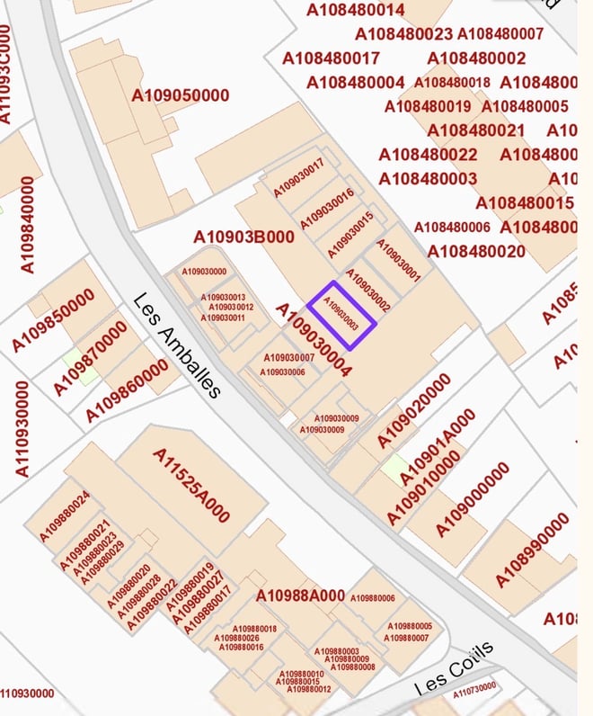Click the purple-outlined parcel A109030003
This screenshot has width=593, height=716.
(x=341, y=315)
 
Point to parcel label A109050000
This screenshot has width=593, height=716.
(x=181, y=95)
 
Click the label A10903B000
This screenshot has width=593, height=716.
(x=243, y=237)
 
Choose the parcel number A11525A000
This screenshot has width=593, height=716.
(x=191, y=486)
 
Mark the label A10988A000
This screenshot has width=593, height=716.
(x=300, y=595)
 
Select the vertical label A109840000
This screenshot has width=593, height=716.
(x=27, y=224)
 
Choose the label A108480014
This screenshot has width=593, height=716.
(x=356, y=11)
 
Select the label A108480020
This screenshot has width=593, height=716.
(x=476, y=251)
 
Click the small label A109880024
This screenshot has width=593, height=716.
(x=65, y=516)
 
